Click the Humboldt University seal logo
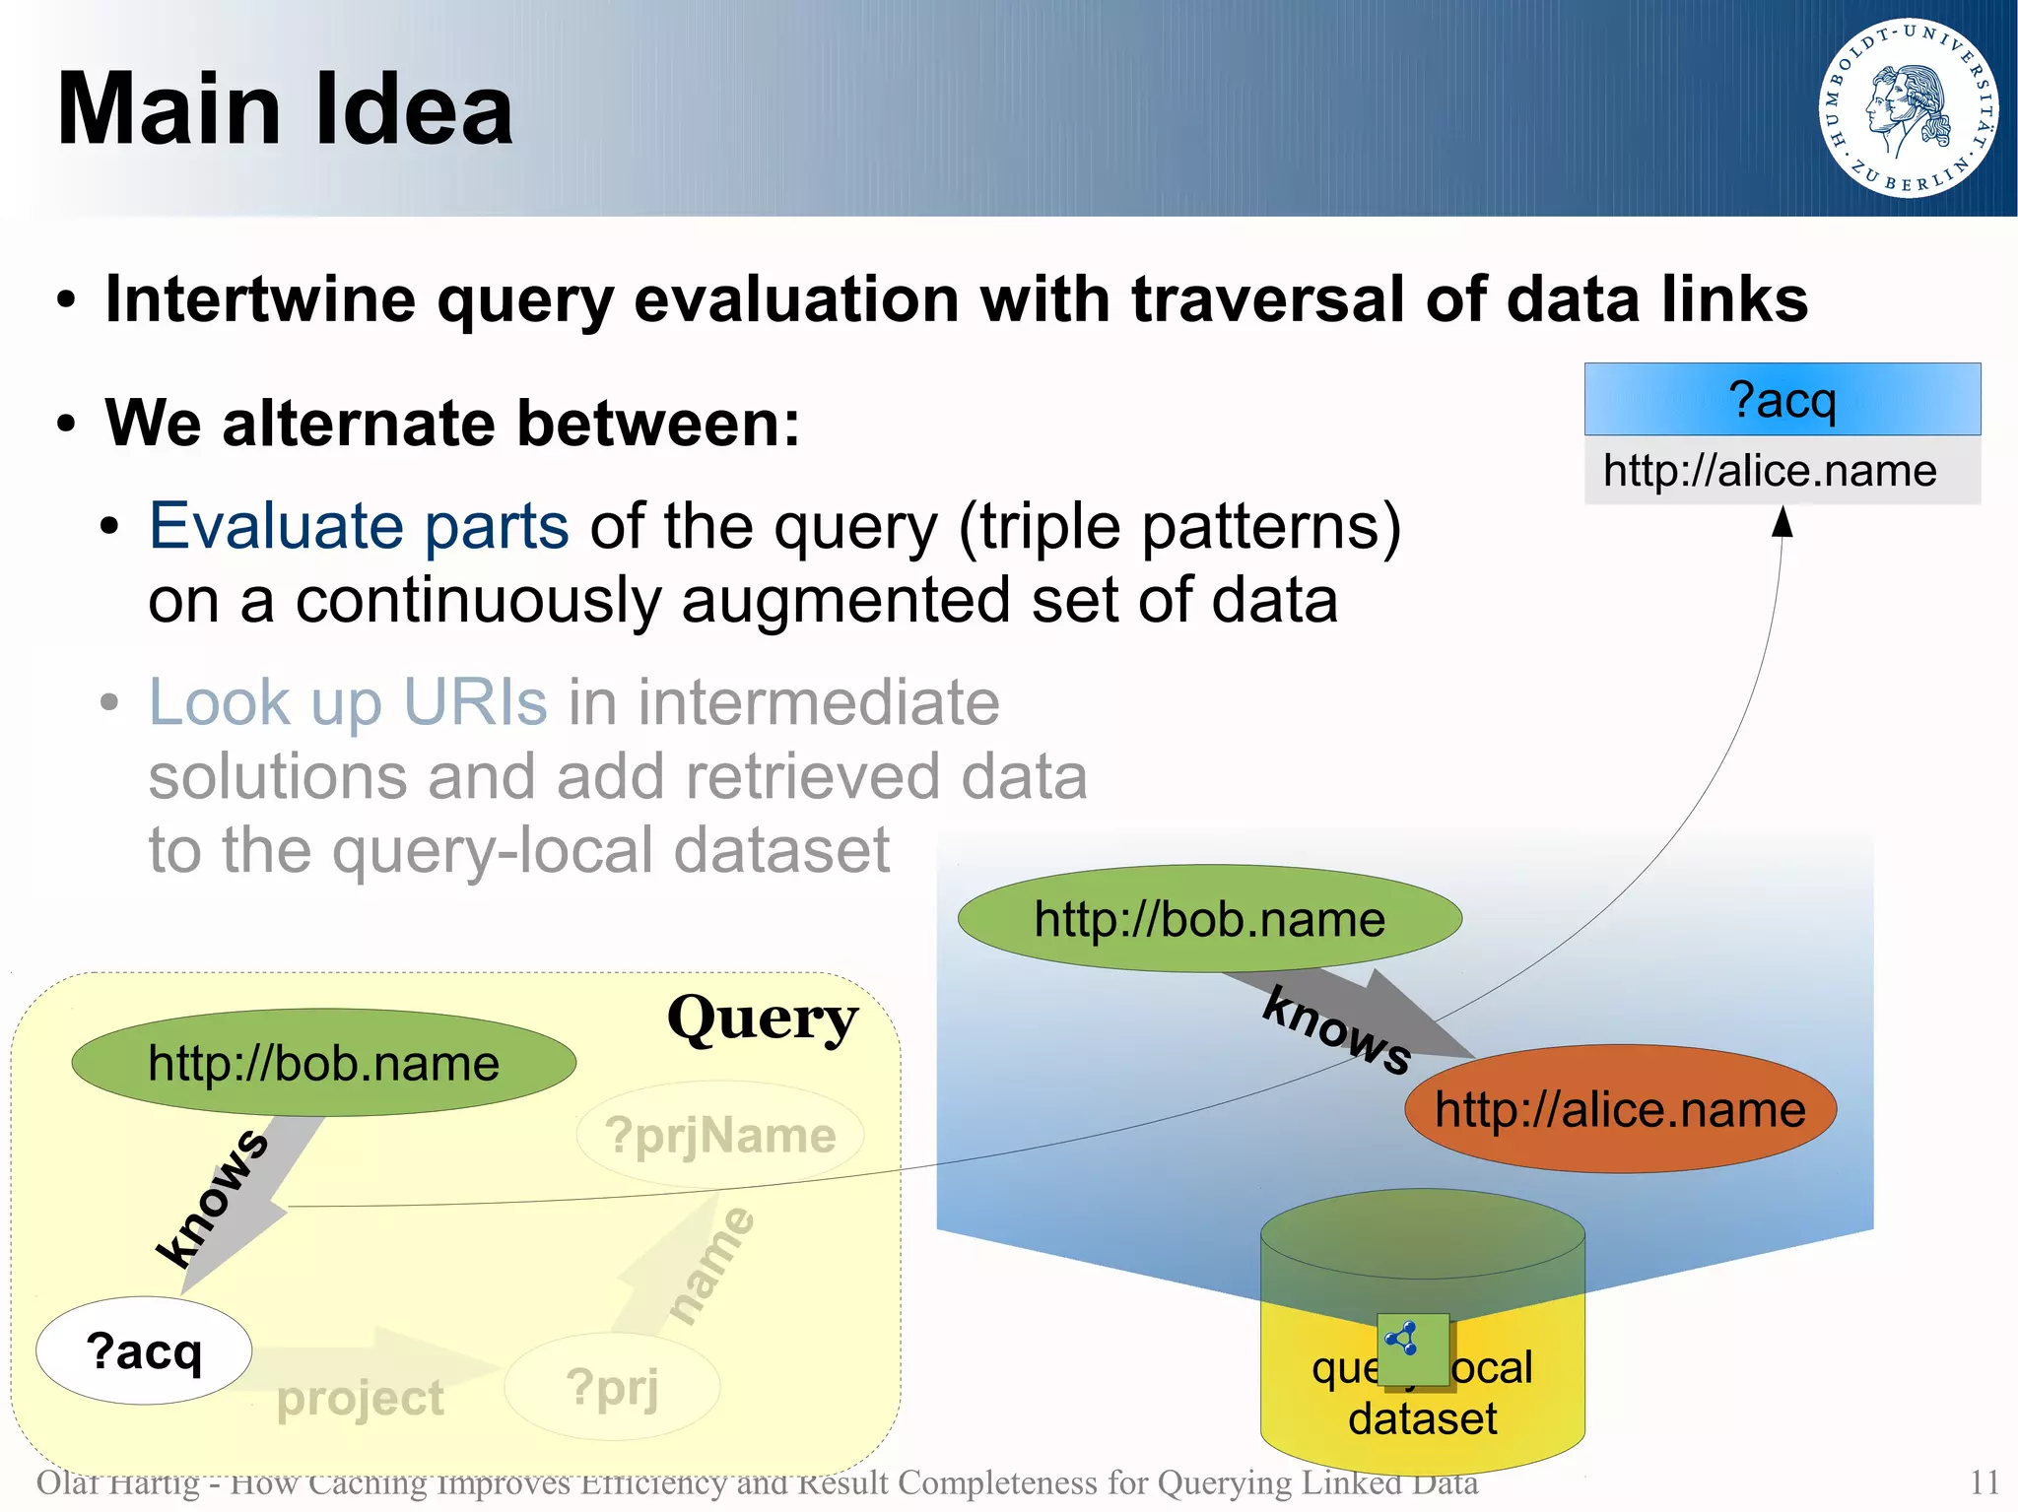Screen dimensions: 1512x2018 pos(1908,107)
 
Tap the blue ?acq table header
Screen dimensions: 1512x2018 pos(1782,400)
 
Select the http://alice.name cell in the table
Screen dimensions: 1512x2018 pos(1770,471)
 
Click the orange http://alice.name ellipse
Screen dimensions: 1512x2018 pos(1620,1109)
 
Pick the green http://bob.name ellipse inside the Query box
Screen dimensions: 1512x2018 pos(323,1063)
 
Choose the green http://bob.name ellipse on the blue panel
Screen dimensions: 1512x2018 pos(1209,919)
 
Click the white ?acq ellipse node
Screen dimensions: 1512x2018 pos(144,1350)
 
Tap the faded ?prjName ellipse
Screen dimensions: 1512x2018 pos(720,1135)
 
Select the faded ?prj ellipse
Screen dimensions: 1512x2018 pos(612,1387)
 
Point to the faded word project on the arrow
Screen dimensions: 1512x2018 pos(360,1397)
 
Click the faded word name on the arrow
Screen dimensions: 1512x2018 pos(711,1264)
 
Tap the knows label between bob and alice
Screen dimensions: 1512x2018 pos(1337,1030)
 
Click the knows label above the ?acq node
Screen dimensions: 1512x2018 pos(212,1197)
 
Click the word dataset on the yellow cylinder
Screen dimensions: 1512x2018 pos(1422,1418)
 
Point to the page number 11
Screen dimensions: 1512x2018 pos(1984,1481)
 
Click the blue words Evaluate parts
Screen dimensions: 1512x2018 pos(359,526)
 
